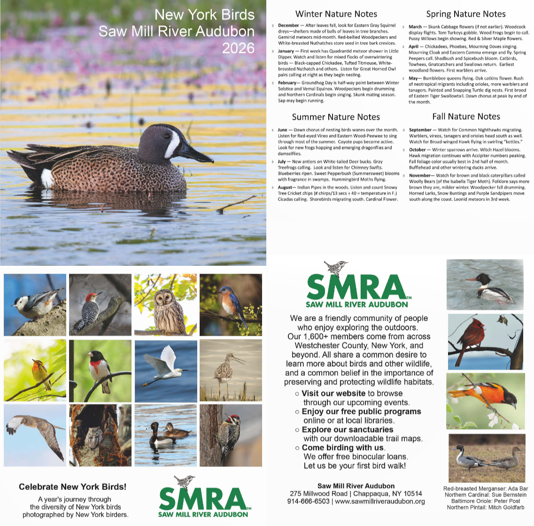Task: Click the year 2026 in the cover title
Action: (238, 48)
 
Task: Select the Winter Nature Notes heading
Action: (336, 14)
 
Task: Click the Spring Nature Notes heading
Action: (465, 14)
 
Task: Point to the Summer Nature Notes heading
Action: (336, 117)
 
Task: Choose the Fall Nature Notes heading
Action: (466, 116)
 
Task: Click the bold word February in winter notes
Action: (287, 83)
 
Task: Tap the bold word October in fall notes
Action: (418, 150)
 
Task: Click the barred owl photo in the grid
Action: (165, 305)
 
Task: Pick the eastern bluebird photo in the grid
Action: (231, 305)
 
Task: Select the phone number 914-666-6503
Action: (308, 501)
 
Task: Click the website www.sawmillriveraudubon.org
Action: (380, 501)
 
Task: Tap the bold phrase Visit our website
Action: (333, 394)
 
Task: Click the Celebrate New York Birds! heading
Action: (72, 487)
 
